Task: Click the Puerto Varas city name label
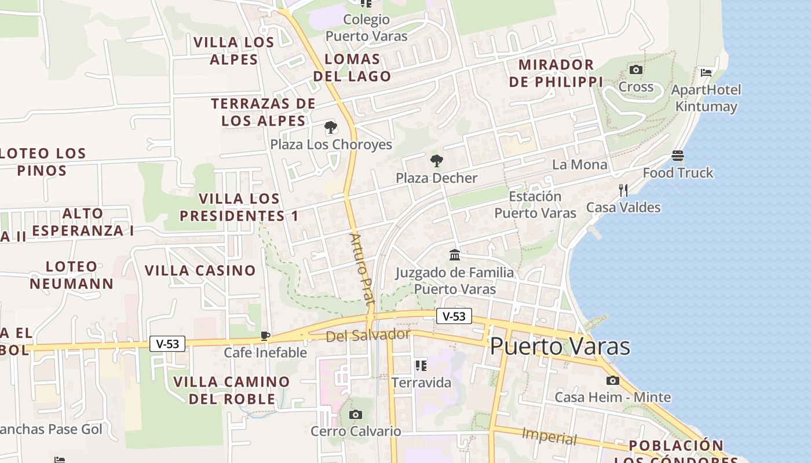click(x=560, y=346)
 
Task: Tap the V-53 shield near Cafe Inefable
click(x=168, y=344)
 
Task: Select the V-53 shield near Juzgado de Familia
click(x=454, y=316)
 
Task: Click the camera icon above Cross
click(x=635, y=70)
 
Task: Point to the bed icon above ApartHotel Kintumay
click(x=706, y=73)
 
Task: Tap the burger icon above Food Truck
click(x=678, y=156)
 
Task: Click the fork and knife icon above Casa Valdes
click(x=623, y=190)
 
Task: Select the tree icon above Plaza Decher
click(x=436, y=161)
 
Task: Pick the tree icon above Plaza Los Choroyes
click(x=331, y=127)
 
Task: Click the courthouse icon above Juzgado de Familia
click(x=455, y=255)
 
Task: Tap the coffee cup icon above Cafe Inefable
click(x=265, y=336)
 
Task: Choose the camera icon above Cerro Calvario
click(x=356, y=414)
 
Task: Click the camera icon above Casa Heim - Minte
click(x=612, y=380)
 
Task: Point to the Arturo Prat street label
click(x=362, y=269)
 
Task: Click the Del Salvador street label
click(x=368, y=335)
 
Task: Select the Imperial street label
click(x=549, y=436)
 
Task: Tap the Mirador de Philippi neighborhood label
click(x=556, y=73)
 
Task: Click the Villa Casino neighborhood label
click(x=200, y=270)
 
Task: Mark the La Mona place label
click(x=579, y=165)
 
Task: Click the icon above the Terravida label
click(x=421, y=366)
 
